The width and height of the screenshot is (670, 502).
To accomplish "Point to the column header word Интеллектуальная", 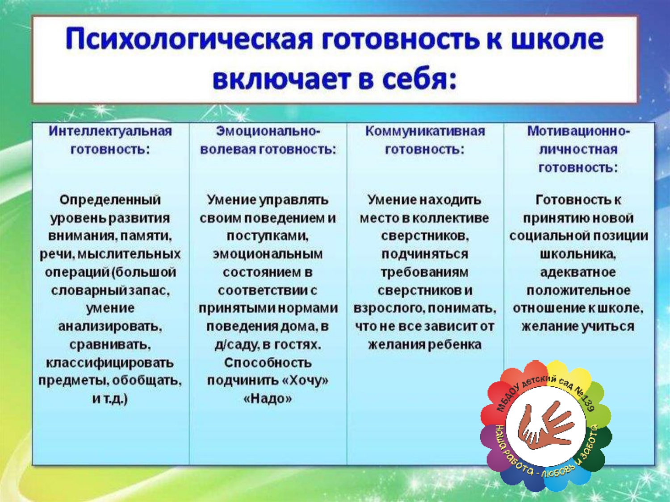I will click(x=110, y=131).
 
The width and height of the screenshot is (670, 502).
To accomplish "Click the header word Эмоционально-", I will click(x=268, y=131).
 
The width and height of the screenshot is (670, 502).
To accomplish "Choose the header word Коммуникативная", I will click(x=425, y=131).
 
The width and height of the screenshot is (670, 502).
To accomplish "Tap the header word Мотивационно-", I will click(x=578, y=131).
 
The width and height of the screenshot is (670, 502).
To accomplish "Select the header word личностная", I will click(x=578, y=149).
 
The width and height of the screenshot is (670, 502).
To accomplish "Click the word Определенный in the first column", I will click(x=110, y=199).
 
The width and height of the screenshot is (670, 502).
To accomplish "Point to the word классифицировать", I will click(x=110, y=363).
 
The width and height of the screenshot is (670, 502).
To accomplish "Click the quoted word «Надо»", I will click(x=268, y=398).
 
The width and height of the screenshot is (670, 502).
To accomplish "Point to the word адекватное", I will click(x=578, y=272).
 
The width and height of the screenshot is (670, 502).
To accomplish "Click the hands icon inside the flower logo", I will click(x=545, y=426).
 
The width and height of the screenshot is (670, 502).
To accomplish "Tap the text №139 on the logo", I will click(x=585, y=399).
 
